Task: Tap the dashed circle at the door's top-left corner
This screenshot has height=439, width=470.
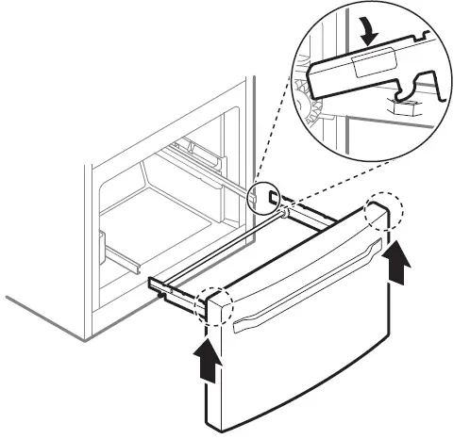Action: click(217, 302)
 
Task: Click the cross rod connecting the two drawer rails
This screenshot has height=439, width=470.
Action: click(227, 248)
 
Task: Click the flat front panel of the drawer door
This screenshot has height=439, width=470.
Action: click(302, 367)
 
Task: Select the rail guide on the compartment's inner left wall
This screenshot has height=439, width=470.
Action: click(103, 245)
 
